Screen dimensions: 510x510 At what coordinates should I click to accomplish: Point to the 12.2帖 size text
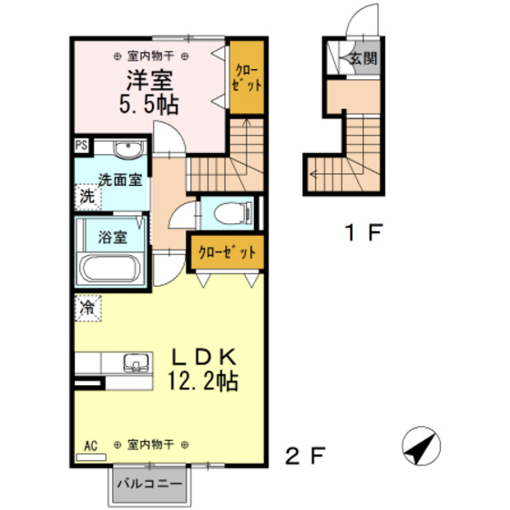[201, 381]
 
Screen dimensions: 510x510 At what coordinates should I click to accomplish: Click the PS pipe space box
[81, 145]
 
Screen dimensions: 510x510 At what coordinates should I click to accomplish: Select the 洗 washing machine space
[87, 196]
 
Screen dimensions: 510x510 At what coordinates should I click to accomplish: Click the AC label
[90, 446]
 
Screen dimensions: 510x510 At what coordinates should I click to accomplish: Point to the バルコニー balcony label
[151, 484]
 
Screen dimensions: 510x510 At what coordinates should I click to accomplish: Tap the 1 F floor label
[362, 231]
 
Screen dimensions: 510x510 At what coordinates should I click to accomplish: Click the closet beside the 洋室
[245, 76]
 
